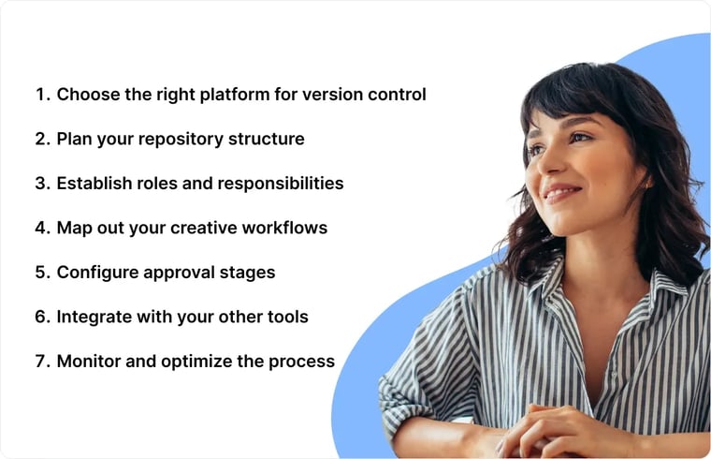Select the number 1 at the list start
[x=40, y=95]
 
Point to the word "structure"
[x=268, y=140]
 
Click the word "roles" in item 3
[x=164, y=184]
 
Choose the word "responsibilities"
[x=281, y=184]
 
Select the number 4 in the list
[x=41, y=228]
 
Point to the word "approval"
[x=181, y=273]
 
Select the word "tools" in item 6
[x=286, y=317]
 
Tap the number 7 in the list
[x=41, y=361]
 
